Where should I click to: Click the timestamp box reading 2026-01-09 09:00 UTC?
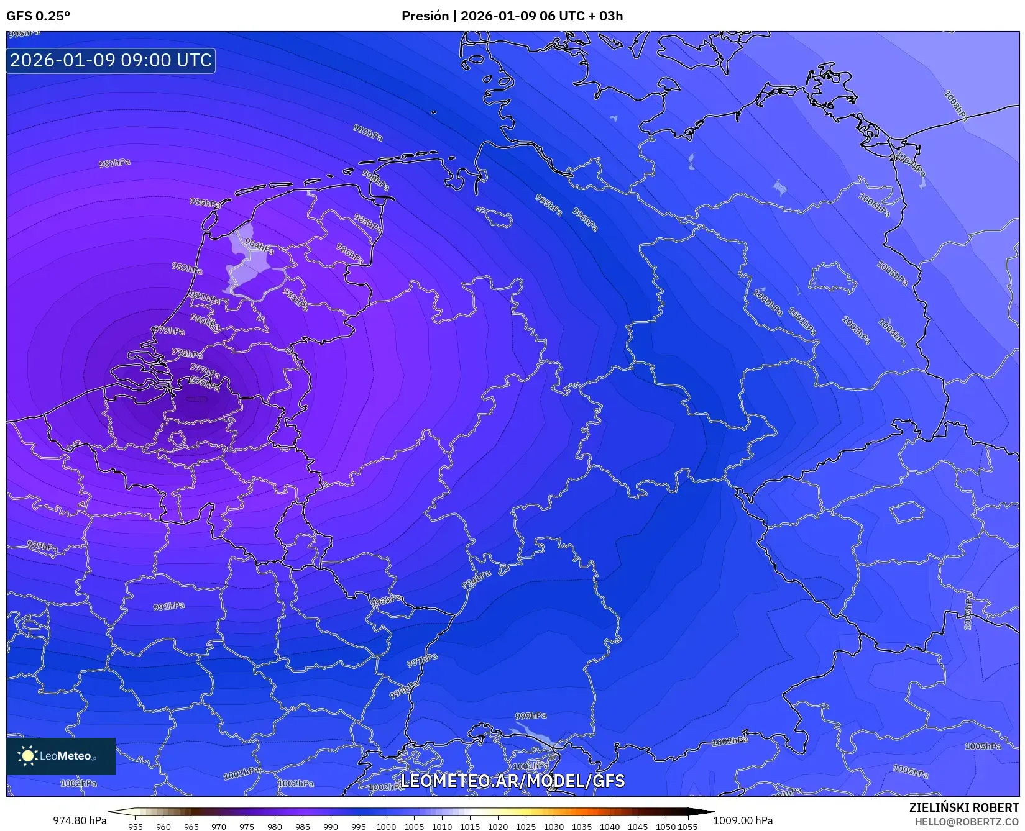[x=111, y=60]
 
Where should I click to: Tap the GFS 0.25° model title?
[x=38, y=16]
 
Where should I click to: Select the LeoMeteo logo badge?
[x=60, y=756]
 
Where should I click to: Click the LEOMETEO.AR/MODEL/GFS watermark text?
[x=512, y=781]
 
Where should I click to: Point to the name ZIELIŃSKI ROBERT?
[x=964, y=807]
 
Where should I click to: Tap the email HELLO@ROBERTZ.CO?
[x=967, y=822]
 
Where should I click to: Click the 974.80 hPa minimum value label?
[x=80, y=820]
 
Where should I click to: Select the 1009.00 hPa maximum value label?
[x=743, y=820]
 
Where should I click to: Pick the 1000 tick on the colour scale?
[x=385, y=826]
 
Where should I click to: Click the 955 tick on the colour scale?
[x=135, y=826]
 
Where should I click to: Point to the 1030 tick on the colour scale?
[x=553, y=826]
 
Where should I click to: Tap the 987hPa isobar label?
[x=115, y=163]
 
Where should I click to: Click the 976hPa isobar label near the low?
[x=205, y=383]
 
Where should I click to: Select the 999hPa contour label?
[x=531, y=715]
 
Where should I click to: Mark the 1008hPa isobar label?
[x=955, y=106]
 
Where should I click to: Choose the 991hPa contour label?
[x=169, y=606]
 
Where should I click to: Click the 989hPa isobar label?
[x=42, y=547]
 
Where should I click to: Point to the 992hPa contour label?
[x=368, y=132]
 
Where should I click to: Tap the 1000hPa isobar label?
[x=768, y=302]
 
